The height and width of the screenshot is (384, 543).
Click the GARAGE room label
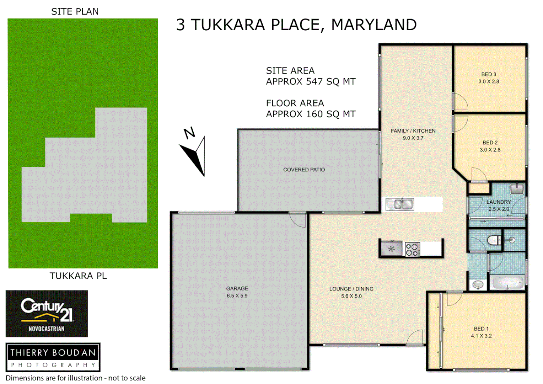click(x=237, y=288)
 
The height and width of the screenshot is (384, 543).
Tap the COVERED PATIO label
click(x=304, y=170)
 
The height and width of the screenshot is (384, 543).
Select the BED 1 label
click(x=481, y=329)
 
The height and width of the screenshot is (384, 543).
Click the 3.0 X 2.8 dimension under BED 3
click(x=489, y=81)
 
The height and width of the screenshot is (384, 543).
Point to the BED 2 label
click(x=490, y=143)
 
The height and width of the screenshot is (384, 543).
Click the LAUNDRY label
click(x=499, y=202)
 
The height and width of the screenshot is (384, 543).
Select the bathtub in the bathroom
click(x=507, y=283)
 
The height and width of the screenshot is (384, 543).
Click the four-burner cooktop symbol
click(x=412, y=249)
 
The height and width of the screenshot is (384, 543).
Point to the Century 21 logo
click(x=47, y=313)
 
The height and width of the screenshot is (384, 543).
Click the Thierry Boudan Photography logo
click(x=53, y=357)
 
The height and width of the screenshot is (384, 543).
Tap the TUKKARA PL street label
click(x=78, y=276)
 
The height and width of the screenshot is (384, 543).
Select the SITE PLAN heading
click(x=75, y=11)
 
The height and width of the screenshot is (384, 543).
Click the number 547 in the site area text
click(x=314, y=82)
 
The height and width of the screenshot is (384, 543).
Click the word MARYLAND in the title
click(x=373, y=25)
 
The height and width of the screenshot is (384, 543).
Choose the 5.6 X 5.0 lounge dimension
click(x=351, y=296)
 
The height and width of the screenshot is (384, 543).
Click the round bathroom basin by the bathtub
click(x=478, y=284)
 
